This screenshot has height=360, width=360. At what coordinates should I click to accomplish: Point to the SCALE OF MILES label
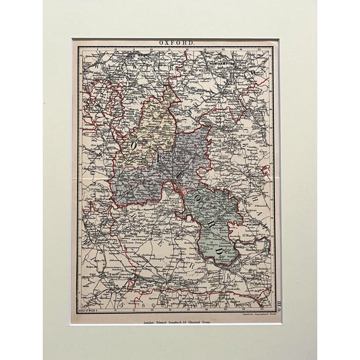[x=91, y=309]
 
